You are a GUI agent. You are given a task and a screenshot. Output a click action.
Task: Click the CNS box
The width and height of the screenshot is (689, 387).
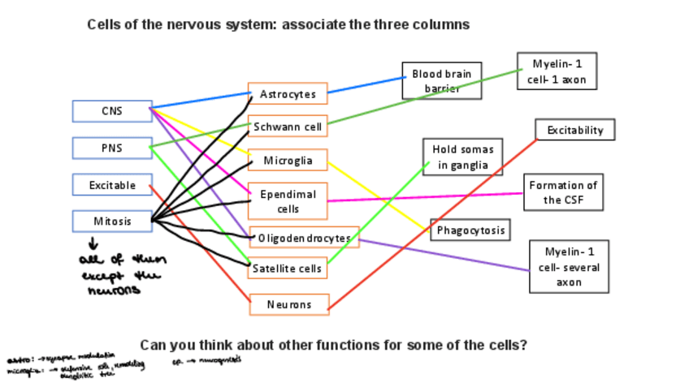click(111, 111)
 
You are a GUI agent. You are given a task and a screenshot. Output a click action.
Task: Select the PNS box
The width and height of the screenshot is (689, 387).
click(111, 148)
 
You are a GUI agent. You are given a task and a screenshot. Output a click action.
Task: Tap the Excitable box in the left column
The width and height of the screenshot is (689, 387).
click(112, 185)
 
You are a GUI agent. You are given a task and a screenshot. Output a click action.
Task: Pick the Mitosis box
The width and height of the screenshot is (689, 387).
click(112, 221)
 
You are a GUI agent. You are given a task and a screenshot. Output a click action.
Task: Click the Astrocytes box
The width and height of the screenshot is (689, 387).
click(288, 94)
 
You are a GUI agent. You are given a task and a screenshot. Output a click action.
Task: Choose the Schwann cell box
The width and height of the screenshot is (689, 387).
click(288, 127)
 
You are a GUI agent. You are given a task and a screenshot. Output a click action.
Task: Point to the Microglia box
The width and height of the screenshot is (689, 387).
click(288, 160)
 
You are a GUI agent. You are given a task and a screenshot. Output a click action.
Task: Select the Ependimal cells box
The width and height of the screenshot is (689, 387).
click(288, 201)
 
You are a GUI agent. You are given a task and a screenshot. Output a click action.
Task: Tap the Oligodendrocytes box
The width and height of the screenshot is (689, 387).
click(304, 238)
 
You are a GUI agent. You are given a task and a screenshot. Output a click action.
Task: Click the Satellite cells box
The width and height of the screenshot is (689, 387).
click(288, 268)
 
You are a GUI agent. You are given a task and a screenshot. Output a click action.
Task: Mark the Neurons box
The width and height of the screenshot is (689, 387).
click(288, 304)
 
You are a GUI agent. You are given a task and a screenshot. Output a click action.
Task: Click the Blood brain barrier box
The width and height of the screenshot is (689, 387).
click(442, 80)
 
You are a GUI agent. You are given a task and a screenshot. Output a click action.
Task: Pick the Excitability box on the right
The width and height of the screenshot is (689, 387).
click(574, 129)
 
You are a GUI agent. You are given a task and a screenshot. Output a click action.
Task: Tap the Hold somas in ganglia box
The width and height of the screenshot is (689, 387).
click(462, 157)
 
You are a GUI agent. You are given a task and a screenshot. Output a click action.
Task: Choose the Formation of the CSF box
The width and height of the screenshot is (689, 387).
click(562, 192)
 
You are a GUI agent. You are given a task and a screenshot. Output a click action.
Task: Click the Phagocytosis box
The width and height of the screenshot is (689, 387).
click(470, 230)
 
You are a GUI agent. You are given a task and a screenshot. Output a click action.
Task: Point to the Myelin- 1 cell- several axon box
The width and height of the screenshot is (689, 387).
click(568, 266)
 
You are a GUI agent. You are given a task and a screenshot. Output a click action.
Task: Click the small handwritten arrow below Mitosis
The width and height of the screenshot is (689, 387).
click(93, 243)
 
